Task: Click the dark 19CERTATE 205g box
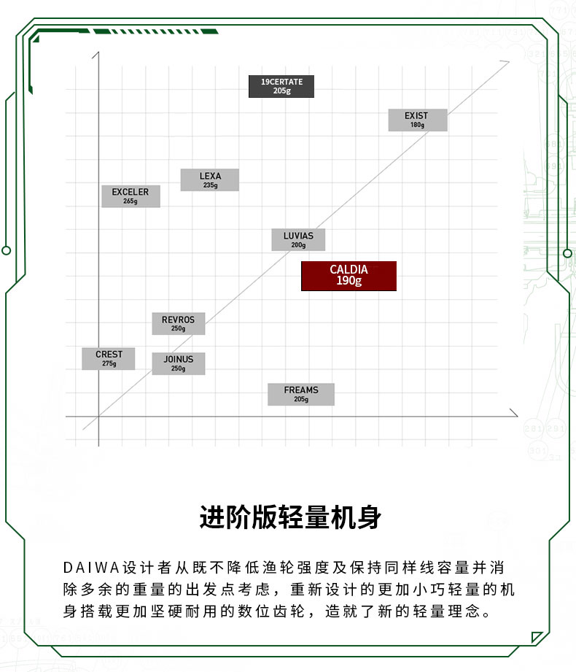tap(281, 86)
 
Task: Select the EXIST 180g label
tap(418, 120)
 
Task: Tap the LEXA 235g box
tap(210, 180)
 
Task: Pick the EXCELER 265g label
tap(131, 196)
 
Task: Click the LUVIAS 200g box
tap(298, 239)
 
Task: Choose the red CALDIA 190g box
tap(349, 276)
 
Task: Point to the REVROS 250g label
tap(178, 323)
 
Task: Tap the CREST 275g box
tap(109, 358)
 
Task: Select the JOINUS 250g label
tap(178, 363)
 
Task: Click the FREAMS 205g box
tap(301, 394)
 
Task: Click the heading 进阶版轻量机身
tap(290, 517)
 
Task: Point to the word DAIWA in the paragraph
tap(91, 568)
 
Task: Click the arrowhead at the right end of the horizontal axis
tap(515, 414)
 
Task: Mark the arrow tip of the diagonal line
tap(508, 62)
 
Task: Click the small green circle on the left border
tap(6, 251)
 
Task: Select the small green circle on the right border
tap(568, 253)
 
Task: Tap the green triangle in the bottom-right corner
tap(535, 636)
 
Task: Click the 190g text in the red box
tap(349, 281)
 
